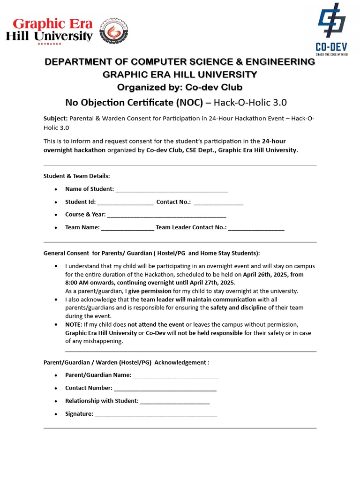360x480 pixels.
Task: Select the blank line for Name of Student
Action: [x=172, y=190]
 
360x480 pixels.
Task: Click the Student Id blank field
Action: [x=125, y=202]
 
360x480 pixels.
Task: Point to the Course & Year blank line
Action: [x=166, y=215]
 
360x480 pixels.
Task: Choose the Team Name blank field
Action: [x=127, y=228]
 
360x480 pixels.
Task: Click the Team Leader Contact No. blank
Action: [x=256, y=228]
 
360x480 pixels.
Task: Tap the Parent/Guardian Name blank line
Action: [x=176, y=375]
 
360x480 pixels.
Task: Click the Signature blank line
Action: [x=156, y=414]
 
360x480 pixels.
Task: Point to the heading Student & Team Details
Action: [x=77, y=176]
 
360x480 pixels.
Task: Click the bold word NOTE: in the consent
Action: [x=74, y=324]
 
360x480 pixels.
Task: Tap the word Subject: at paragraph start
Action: [x=56, y=119]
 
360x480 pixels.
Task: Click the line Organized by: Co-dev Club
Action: [x=180, y=87]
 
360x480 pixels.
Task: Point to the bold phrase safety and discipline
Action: [x=239, y=308]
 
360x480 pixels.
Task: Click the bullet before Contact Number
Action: [x=56, y=389]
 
